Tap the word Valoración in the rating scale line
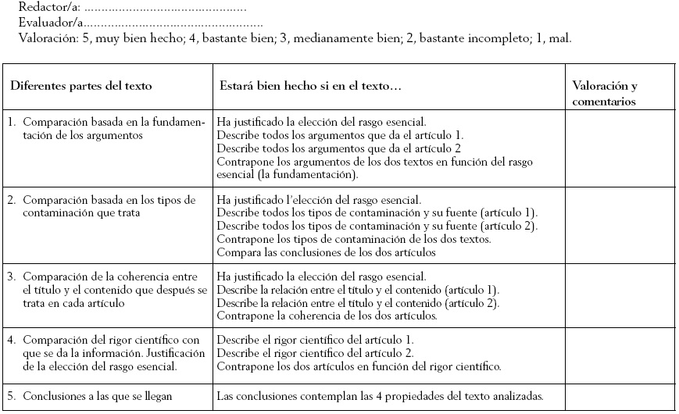(x=47, y=37)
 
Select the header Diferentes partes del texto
(x=80, y=85)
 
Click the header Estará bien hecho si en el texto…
(x=309, y=85)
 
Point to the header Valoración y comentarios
(x=605, y=93)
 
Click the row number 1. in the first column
(x=13, y=123)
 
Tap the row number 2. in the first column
(x=13, y=200)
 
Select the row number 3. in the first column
(x=13, y=277)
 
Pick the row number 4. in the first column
(x=13, y=340)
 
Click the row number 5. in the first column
(x=13, y=396)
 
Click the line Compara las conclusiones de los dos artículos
(x=326, y=252)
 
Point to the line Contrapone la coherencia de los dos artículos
(x=326, y=316)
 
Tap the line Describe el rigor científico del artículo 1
(x=315, y=340)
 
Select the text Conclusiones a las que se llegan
(x=97, y=396)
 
